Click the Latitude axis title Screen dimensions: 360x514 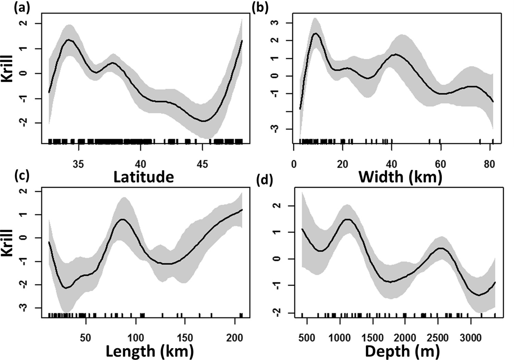tap(144, 177)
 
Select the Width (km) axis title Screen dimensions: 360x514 tap(400, 177)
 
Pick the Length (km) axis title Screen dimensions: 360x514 tap(149, 351)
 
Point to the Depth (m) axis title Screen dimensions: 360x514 tap(402, 351)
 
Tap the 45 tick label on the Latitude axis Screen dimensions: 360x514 tap(203, 164)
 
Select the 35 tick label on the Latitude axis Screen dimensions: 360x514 tap(79, 164)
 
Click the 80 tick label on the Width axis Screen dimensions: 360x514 tap(489, 164)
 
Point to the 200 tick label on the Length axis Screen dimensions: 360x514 tap(235, 338)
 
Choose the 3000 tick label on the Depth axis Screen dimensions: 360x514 tap(470, 338)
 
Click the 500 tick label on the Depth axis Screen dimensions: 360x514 tap(307, 338)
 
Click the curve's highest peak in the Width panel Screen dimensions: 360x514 tap(316, 33)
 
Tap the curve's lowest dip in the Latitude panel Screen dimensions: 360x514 tap(204, 121)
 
